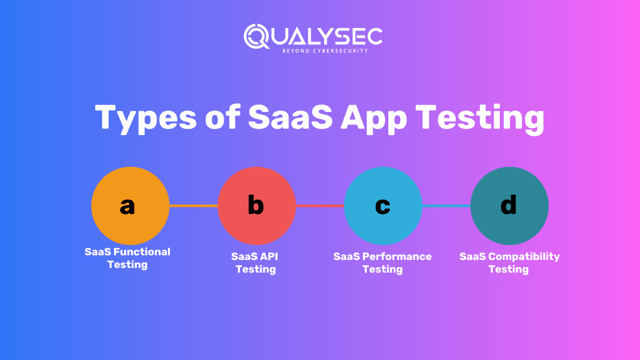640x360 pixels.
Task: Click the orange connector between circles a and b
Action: (x=193, y=206)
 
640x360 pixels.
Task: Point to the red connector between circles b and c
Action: (x=320, y=206)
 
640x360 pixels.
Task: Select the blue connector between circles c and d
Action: (x=446, y=206)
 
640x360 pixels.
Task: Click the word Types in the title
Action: (x=145, y=118)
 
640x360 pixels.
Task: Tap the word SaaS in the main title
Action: (x=290, y=117)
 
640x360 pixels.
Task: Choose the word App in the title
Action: (x=373, y=118)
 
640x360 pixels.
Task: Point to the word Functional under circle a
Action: (x=142, y=252)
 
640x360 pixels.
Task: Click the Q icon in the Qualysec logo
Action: (x=255, y=36)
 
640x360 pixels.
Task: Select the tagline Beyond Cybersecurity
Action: (x=325, y=51)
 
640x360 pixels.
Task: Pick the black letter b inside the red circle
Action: (x=255, y=205)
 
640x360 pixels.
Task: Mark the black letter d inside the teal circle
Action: (x=508, y=205)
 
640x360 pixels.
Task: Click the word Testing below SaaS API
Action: (x=256, y=269)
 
